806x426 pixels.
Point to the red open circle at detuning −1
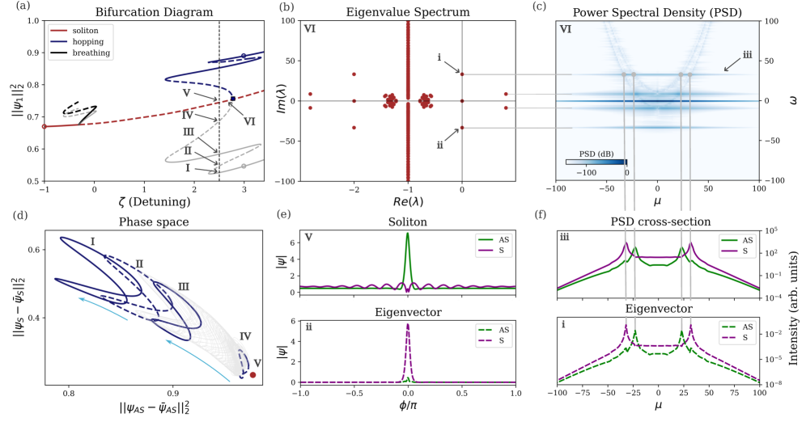[x=45, y=126]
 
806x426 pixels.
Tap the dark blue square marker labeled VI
[x=232, y=99]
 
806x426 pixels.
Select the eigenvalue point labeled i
[x=462, y=74]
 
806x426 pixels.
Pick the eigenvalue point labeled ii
[x=462, y=128]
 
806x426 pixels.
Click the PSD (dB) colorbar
[x=596, y=161]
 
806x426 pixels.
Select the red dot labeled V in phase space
[x=253, y=375]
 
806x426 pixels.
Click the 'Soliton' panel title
[x=407, y=220]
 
